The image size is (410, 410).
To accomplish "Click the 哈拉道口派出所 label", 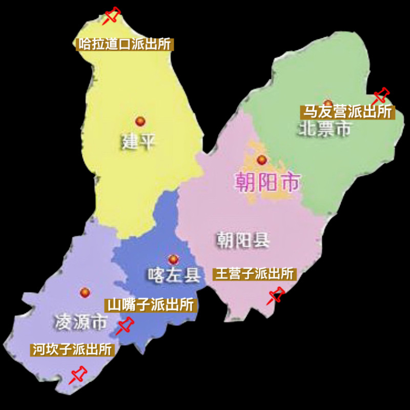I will (124, 44).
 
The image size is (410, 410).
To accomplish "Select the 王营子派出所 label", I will (254, 274).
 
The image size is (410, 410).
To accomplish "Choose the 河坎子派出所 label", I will (72, 350).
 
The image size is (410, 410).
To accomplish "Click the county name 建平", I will (138, 141).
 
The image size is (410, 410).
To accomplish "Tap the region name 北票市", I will (325, 129).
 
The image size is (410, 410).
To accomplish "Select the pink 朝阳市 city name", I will (267, 181).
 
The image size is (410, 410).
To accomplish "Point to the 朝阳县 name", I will (242, 240).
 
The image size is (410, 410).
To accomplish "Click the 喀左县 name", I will (173, 275).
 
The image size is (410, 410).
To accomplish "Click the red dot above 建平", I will (140, 121).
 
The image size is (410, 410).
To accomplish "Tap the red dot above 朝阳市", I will (262, 159).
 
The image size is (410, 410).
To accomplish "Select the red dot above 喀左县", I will (173, 260).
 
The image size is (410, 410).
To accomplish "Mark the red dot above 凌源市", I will (85, 292).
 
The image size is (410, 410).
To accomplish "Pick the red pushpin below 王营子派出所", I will (276, 295).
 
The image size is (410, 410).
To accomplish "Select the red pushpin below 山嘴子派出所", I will (125, 325).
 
